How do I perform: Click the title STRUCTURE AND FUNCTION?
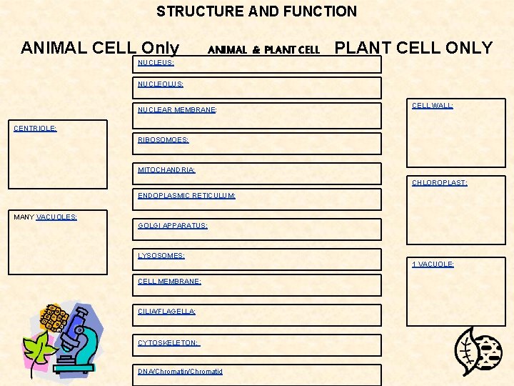click(x=256, y=11)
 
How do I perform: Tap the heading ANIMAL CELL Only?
click(x=100, y=48)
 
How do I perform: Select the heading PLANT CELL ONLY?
click(x=413, y=48)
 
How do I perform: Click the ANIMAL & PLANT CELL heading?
click(x=263, y=50)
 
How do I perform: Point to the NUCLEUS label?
click(x=156, y=62)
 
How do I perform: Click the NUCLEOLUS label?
click(x=161, y=84)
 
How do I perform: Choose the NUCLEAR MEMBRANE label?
click(x=177, y=110)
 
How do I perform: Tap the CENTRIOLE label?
click(x=36, y=128)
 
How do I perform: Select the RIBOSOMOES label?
click(x=163, y=140)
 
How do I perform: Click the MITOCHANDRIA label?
click(x=166, y=169)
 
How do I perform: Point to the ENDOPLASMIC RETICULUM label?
click(x=186, y=195)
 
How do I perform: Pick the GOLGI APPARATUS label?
click(x=173, y=225)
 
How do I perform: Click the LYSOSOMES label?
click(x=161, y=255)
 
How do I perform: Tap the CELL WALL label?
click(x=433, y=105)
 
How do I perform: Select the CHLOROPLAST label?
click(x=440, y=182)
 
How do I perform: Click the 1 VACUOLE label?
click(x=433, y=264)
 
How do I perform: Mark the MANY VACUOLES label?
click(x=46, y=217)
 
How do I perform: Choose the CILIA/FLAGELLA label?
click(x=166, y=311)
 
